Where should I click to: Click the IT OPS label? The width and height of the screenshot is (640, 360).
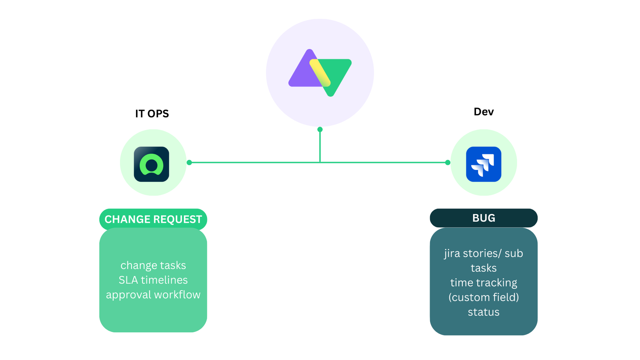(x=152, y=114)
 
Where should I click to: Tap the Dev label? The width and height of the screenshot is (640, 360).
(x=484, y=112)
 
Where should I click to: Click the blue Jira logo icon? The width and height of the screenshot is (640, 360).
(x=484, y=164)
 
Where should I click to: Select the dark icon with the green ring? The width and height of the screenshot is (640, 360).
(x=152, y=164)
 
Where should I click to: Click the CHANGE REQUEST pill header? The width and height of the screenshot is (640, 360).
(x=153, y=219)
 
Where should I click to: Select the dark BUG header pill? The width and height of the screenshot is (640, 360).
(x=484, y=218)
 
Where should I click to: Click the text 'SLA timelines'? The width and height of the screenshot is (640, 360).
(x=153, y=280)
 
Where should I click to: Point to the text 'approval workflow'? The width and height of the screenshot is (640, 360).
(x=153, y=295)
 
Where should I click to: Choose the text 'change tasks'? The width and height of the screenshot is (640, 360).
(x=153, y=265)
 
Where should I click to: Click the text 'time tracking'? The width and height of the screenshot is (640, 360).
(x=484, y=283)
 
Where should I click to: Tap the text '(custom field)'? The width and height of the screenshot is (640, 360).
(x=484, y=298)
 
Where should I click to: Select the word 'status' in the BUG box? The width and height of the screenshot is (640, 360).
(x=484, y=312)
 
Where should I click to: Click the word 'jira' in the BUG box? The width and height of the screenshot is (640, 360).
(x=452, y=254)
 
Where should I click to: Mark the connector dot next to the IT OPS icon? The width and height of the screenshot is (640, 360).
(x=189, y=162)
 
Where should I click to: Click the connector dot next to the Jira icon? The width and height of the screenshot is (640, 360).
(x=448, y=162)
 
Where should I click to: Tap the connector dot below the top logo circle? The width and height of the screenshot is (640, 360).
(x=320, y=129)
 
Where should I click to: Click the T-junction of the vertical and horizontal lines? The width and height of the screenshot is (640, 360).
(x=320, y=162)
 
